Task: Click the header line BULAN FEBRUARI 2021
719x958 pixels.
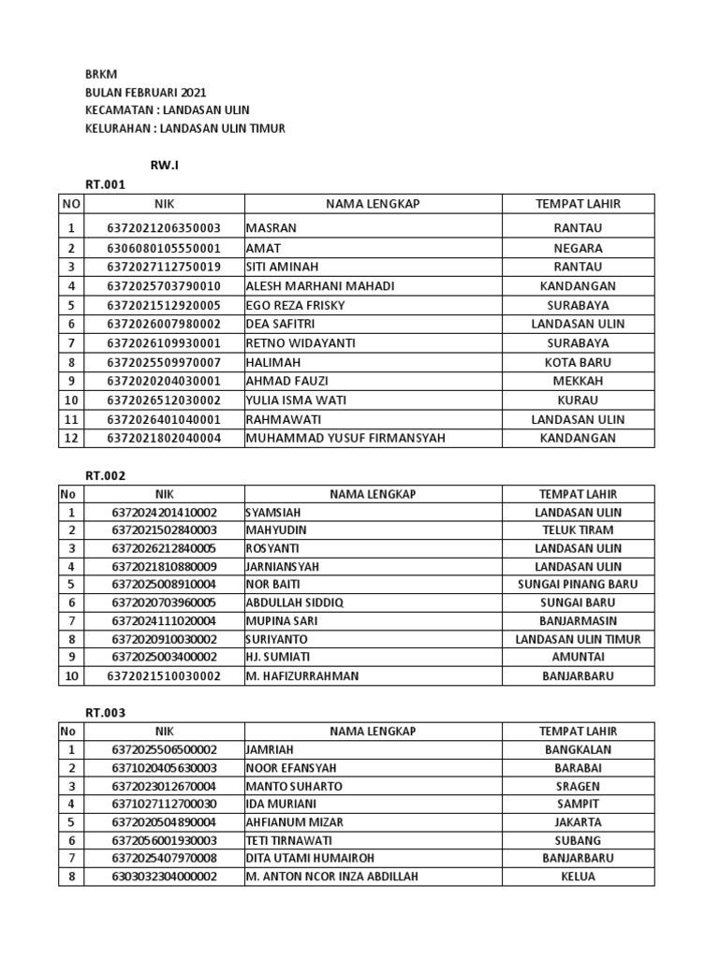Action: pyautogui.click(x=145, y=93)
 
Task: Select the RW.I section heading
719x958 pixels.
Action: pyautogui.click(x=164, y=166)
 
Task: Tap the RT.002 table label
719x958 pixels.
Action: pyautogui.click(x=105, y=475)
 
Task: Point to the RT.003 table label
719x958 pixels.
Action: pyautogui.click(x=105, y=713)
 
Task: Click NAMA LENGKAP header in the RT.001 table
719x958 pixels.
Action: pyautogui.click(x=373, y=204)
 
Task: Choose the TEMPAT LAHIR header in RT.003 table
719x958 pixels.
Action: pyautogui.click(x=578, y=732)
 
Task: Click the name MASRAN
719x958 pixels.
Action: pyautogui.click(x=271, y=228)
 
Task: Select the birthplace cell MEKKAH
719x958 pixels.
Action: pyautogui.click(x=578, y=381)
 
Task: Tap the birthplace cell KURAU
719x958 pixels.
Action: pyautogui.click(x=578, y=400)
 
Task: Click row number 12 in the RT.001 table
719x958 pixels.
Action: pyautogui.click(x=70, y=438)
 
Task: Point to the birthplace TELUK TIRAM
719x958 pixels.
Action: pyautogui.click(x=578, y=530)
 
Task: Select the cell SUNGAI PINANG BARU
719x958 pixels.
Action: pyautogui.click(x=578, y=585)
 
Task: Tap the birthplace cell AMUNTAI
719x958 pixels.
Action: pyautogui.click(x=578, y=658)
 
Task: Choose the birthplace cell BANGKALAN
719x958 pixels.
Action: pyautogui.click(x=578, y=750)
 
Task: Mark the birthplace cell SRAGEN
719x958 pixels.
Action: pyautogui.click(x=578, y=787)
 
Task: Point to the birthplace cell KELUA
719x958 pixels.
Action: pyautogui.click(x=578, y=877)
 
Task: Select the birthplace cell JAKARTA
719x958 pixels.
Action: pyautogui.click(x=578, y=822)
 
